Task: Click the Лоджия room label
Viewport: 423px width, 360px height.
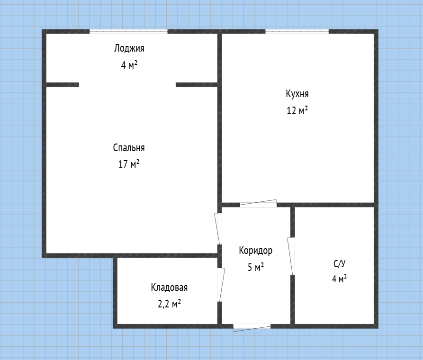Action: (x=129, y=49)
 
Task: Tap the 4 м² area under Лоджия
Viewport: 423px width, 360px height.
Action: (x=129, y=65)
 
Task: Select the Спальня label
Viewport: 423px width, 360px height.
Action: (x=129, y=148)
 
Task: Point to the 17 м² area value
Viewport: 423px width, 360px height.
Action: (x=129, y=164)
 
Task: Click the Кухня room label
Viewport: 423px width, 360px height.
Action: (x=297, y=94)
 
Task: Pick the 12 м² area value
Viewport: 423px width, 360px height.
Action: (x=297, y=110)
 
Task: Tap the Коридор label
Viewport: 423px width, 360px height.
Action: (x=255, y=251)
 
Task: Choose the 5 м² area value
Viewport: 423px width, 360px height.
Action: (x=255, y=267)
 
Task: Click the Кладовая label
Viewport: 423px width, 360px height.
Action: (x=169, y=288)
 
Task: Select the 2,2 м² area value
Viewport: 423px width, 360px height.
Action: (x=169, y=304)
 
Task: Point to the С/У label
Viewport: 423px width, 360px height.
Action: (x=339, y=263)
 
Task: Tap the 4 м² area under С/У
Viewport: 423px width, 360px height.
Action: (x=339, y=279)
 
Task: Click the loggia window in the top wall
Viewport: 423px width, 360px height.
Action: (x=128, y=32)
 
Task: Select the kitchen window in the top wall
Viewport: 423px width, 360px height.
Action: (x=297, y=32)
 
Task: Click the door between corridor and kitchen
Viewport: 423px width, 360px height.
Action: (x=258, y=204)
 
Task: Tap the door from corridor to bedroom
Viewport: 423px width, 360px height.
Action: (x=218, y=229)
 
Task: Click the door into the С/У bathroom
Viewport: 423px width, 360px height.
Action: (x=291, y=256)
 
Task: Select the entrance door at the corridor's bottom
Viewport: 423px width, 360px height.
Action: (x=252, y=327)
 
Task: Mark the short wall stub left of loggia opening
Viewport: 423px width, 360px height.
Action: (x=63, y=85)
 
